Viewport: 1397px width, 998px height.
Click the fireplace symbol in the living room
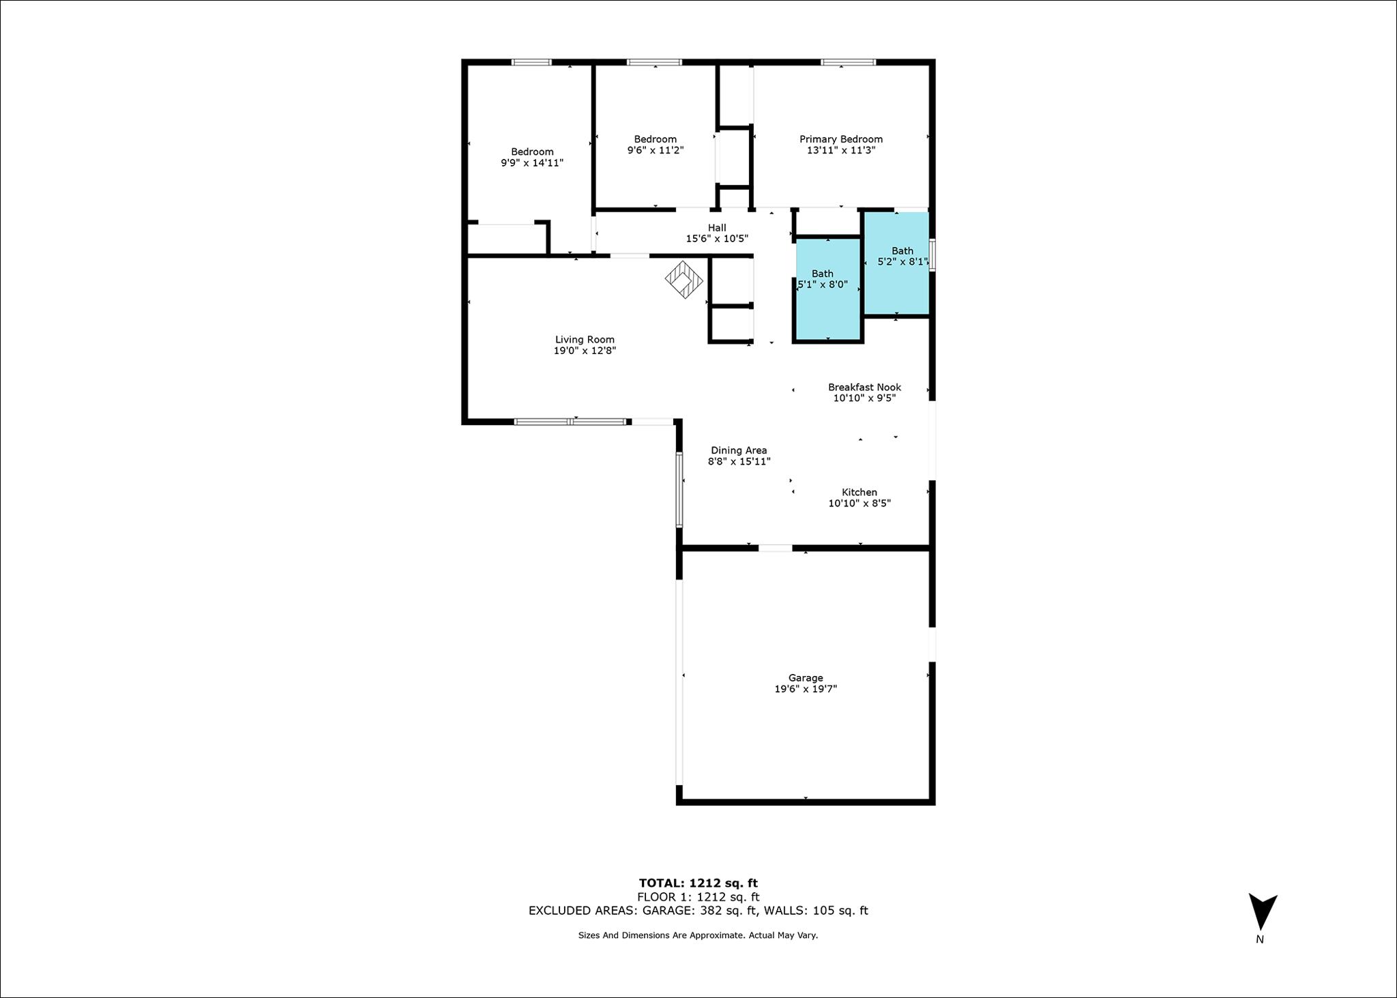[684, 280]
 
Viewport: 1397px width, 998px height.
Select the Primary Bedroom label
[841, 139]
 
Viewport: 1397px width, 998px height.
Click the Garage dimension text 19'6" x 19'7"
[806, 689]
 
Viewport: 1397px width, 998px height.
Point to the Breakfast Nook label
[864, 387]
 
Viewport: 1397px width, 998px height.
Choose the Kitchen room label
[859, 492]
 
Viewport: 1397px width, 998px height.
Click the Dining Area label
[739, 450]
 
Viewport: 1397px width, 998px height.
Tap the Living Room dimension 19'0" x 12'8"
[585, 351]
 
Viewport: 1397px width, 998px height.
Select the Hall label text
[717, 228]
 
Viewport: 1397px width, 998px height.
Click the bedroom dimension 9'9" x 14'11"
[532, 163]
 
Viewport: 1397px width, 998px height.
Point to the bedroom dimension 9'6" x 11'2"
[656, 150]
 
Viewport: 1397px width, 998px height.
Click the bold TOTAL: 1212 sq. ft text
[698, 883]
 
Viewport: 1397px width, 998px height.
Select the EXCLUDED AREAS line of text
[698, 911]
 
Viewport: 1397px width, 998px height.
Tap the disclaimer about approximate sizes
[698, 935]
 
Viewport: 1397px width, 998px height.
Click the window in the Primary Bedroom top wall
[848, 62]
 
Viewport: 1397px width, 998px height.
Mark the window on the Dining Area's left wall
[679, 489]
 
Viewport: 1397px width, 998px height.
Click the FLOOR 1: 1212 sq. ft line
[698, 897]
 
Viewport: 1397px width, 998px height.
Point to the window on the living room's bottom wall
[570, 422]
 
